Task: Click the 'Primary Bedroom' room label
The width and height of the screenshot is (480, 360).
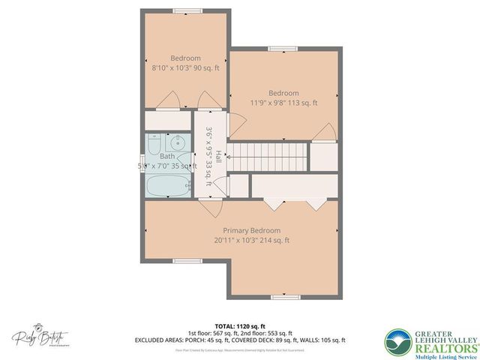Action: [251, 230]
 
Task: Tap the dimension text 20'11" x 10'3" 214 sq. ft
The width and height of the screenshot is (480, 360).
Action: [251, 241]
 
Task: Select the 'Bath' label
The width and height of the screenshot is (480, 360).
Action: [166, 156]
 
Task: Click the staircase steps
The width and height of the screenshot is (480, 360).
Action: [268, 157]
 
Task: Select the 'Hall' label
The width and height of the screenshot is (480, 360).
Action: [218, 157]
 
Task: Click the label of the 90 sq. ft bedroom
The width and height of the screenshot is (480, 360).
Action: [184, 58]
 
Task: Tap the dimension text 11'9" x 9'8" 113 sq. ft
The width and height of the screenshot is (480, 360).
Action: [284, 103]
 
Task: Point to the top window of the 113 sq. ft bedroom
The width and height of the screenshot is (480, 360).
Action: [279, 49]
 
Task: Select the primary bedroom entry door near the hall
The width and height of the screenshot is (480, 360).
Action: [209, 208]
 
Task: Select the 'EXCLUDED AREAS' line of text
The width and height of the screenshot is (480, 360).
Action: [239, 339]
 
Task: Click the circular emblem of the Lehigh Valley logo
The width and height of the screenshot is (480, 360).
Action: [399, 341]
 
